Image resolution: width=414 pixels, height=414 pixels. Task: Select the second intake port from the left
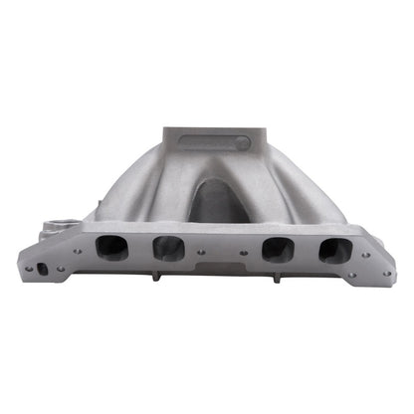167,249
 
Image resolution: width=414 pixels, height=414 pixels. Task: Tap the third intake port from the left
277,249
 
